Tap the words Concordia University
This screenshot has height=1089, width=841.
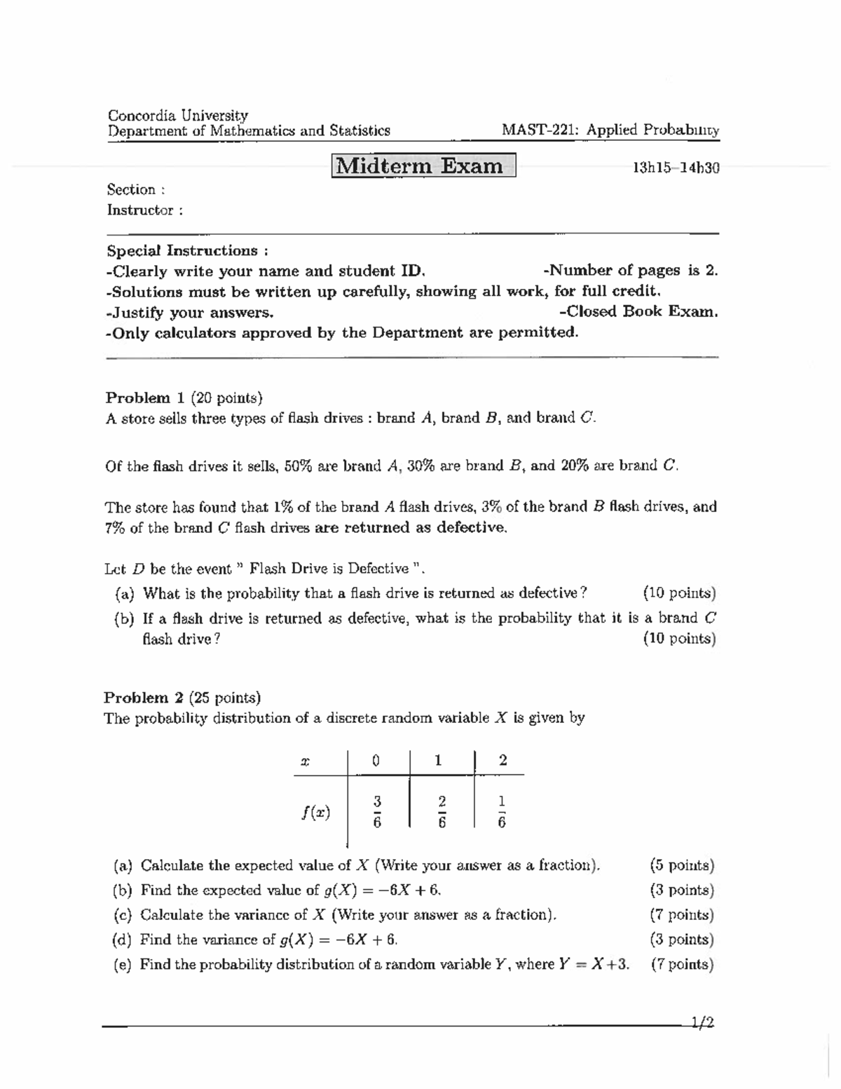(177, 115)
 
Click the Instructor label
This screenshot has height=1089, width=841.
(144, 210)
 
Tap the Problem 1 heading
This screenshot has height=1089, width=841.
(138, 398)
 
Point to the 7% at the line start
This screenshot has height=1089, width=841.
(115, 528)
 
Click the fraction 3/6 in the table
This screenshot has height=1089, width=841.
(376, 812)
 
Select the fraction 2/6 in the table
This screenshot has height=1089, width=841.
(442, 812)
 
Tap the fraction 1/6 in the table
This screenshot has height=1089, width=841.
(501, 812)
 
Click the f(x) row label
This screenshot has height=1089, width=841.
(316, 812)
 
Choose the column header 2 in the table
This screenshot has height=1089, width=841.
(502, 760)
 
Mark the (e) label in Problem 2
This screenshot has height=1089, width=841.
(123, 964)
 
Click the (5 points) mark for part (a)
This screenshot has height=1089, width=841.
(682, 865)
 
